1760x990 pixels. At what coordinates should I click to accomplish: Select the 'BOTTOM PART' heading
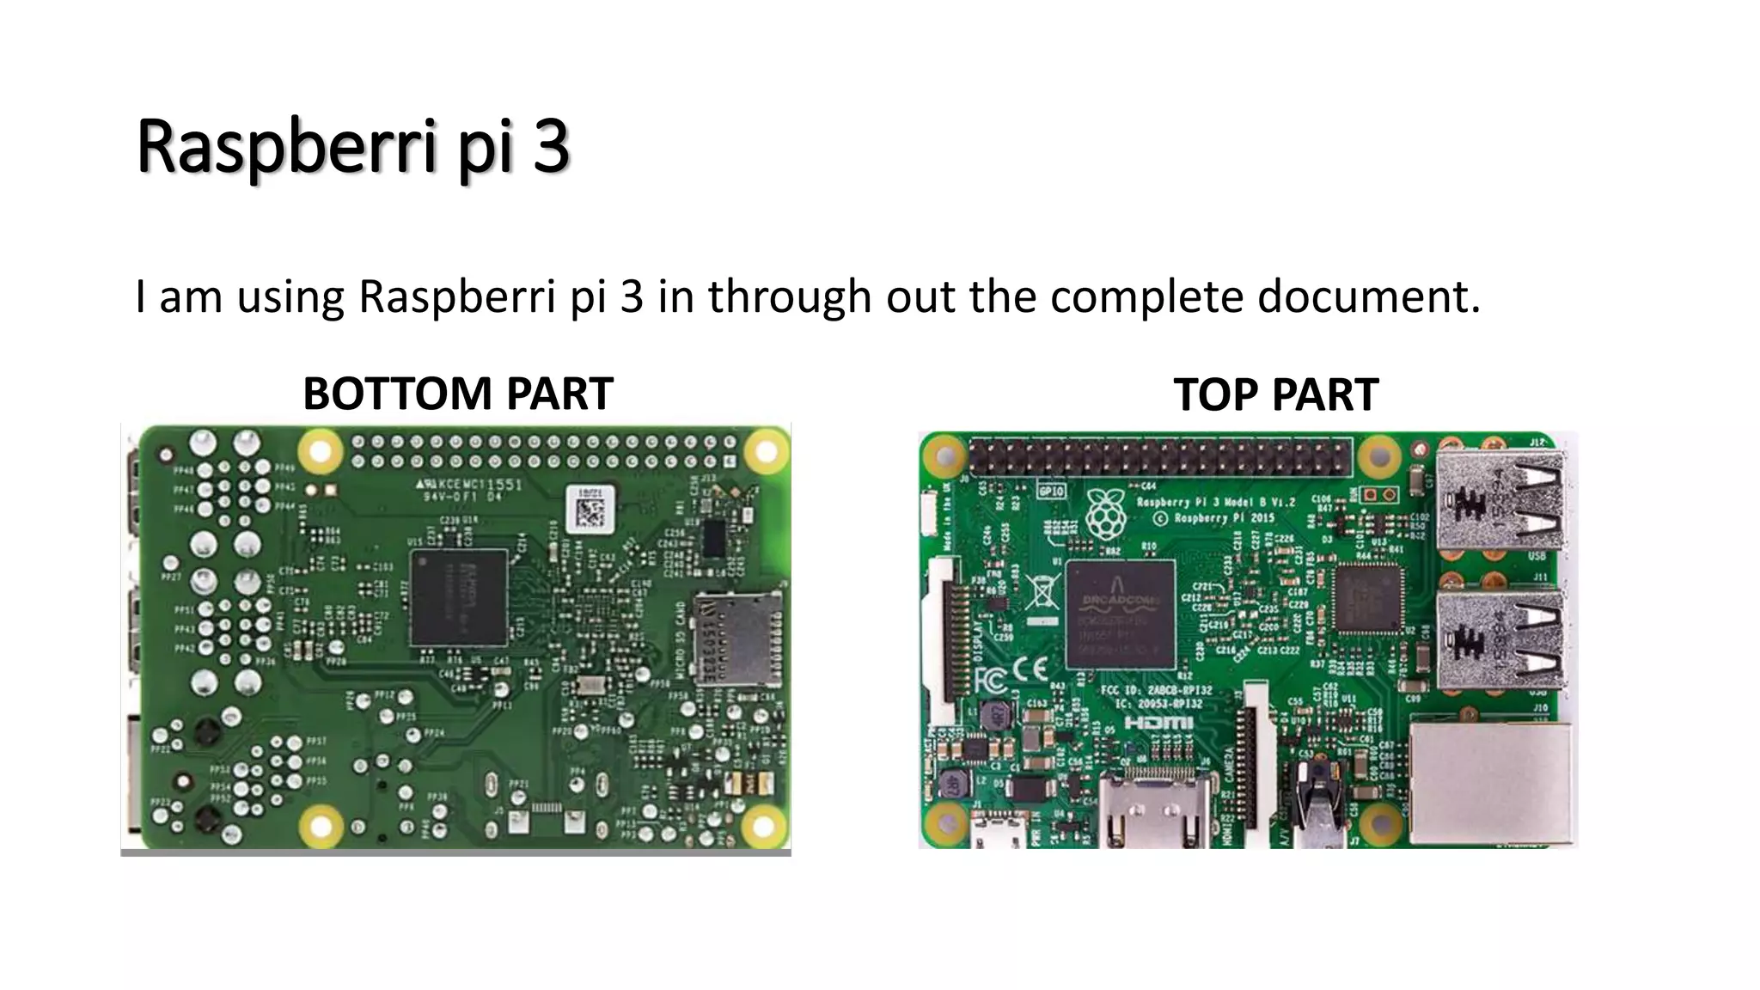point(458,394)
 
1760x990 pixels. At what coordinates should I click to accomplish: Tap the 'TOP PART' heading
point(1275,395)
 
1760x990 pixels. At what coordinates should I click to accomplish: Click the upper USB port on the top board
point(1500,501)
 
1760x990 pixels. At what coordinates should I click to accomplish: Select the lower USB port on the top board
point(1500,639)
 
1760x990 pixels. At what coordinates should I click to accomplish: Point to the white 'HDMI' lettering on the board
point(1158,723)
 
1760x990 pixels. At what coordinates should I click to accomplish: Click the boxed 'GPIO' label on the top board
point(1051,491)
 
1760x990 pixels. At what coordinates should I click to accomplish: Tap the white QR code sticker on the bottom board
point(590,509)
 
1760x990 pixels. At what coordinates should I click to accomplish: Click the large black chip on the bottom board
point(459,598)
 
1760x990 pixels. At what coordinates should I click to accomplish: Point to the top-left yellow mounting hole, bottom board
point(320,449)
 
